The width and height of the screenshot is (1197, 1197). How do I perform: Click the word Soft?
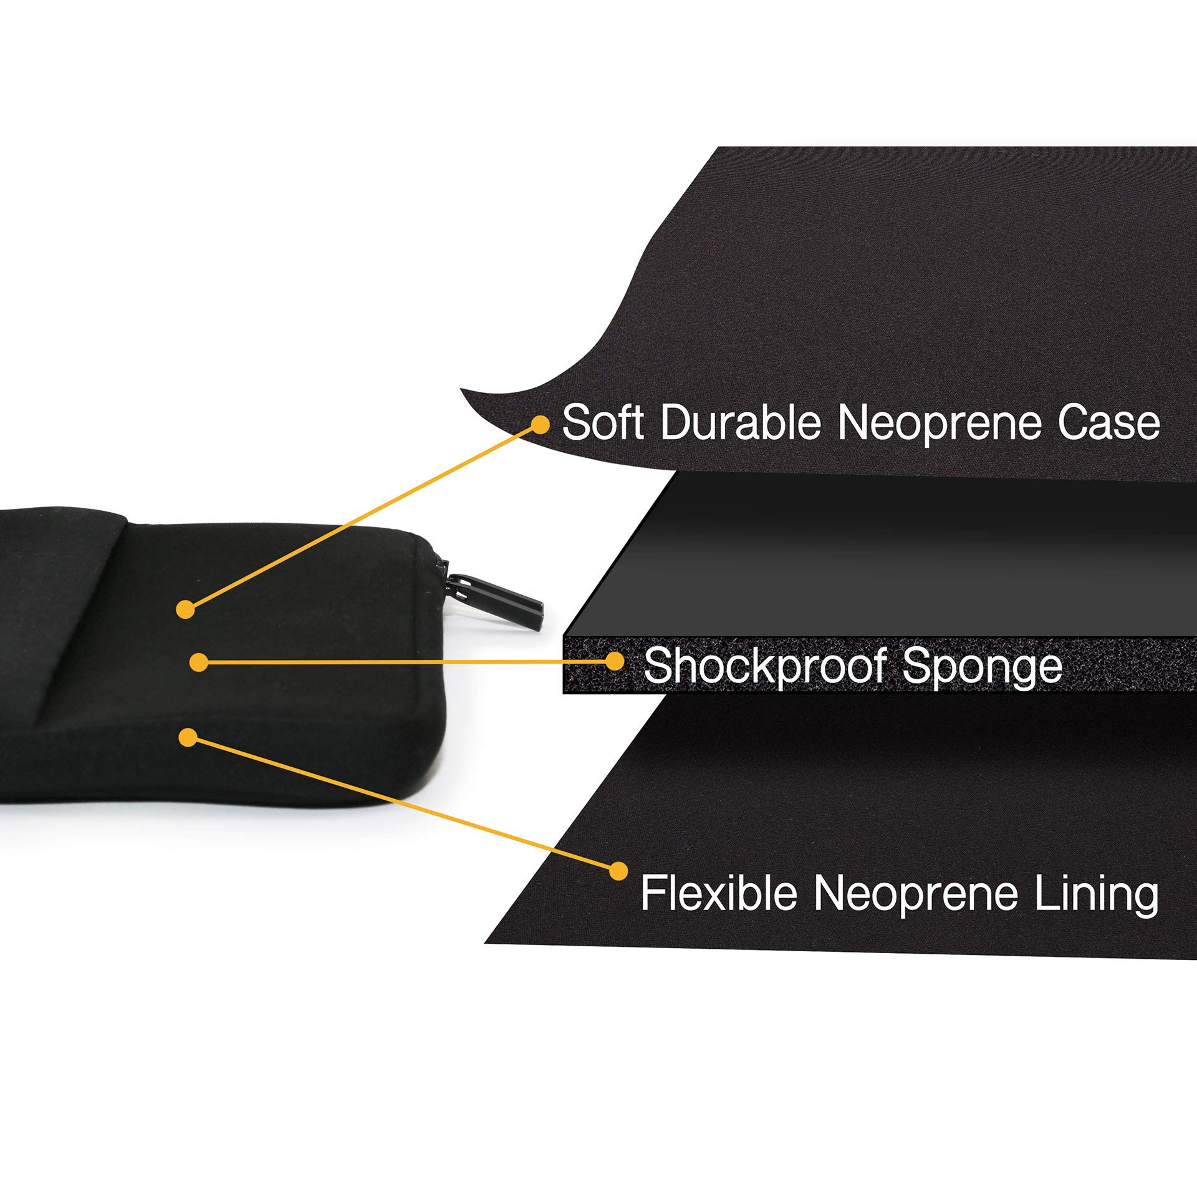602,423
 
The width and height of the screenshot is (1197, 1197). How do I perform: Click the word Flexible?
719,893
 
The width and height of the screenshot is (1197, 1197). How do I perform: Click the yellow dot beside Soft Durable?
540,425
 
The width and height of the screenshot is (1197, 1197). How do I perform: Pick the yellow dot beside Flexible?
618,871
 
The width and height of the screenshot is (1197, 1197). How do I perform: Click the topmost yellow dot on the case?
185,609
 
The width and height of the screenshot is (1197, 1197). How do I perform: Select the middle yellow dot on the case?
199,662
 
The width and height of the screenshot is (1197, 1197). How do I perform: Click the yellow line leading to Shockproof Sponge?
405,662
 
